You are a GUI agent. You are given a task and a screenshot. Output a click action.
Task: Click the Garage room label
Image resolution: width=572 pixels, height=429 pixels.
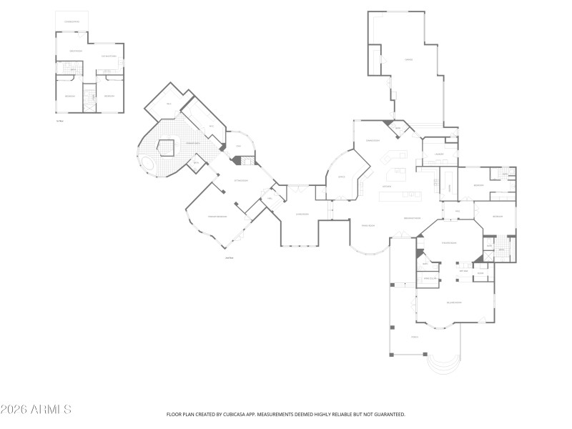[x=408, y=59]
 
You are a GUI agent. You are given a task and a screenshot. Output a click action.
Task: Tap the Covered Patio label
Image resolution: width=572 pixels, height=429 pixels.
[x=72, y=22]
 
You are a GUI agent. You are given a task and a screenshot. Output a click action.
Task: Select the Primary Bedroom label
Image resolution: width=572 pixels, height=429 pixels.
[x=217, y=216]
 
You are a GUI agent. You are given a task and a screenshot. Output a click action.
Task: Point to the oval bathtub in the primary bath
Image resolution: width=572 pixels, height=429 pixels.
[x=149, y=165]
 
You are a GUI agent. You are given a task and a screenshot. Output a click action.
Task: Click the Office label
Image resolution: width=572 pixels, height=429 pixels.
[x=342, y=177]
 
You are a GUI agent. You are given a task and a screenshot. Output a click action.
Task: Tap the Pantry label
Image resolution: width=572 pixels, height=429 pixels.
[x=399, y=129]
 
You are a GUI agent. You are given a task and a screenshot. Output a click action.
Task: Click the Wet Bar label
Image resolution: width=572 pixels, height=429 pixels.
[x=463, y=271]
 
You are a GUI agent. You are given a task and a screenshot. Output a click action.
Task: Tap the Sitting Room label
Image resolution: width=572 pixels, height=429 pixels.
[x=241, y=180]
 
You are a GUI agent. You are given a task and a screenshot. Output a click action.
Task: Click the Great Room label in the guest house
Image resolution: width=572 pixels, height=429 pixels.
[x=75, y=51]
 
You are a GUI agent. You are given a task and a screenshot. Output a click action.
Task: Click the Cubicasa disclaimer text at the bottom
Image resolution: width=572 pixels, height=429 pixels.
[x=286, y=414]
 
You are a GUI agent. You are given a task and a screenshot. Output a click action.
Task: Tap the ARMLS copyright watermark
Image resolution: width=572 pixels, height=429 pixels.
[x=36, y=410]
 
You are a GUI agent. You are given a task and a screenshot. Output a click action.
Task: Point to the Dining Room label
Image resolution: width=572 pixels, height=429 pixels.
[x=368, y=226]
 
